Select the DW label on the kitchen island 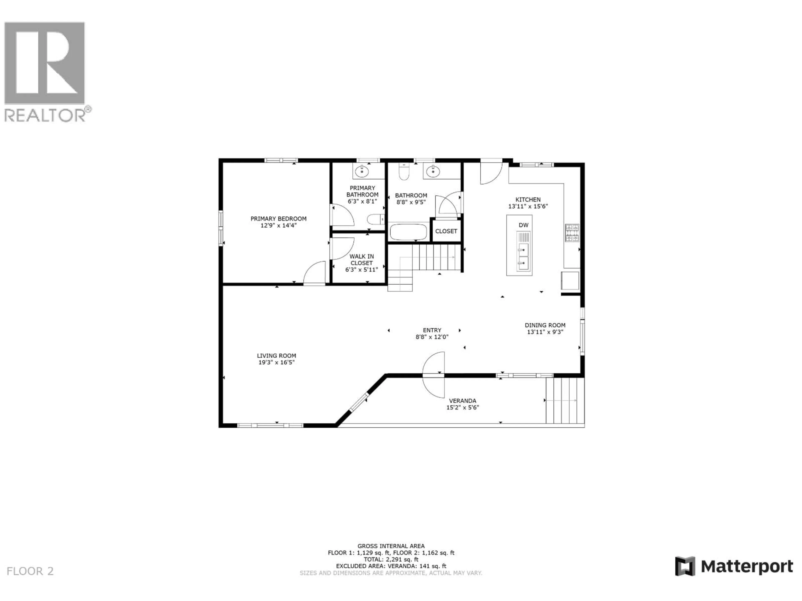[523, 225]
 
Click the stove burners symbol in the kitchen [572, 233]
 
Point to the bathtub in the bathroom [408, 232]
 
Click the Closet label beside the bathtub [446, 231]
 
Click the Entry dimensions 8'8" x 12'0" [432, 337]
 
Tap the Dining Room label [545, 325]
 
